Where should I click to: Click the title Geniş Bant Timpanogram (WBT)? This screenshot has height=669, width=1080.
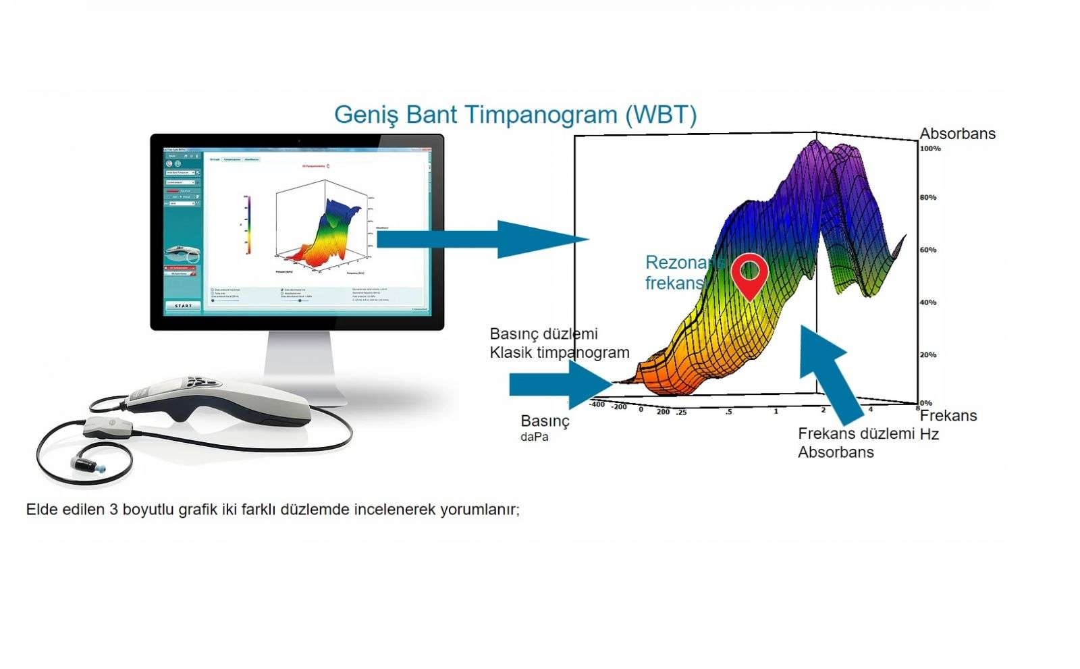tap(515, 114)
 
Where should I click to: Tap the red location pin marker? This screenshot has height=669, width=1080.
tap(750, 274)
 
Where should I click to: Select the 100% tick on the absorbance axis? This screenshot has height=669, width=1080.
tap(930, 149)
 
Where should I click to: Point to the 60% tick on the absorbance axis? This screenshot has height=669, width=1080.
tap(928, 250)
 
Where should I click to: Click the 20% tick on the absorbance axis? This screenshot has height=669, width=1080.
tap(928, 355)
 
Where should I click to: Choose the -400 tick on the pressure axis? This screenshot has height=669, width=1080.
tap(597, 404)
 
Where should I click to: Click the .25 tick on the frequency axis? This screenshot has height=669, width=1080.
tap(681, 412)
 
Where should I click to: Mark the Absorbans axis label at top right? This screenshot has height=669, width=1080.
tap(957, 134)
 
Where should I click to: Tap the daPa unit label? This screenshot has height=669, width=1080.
tap(534, 437)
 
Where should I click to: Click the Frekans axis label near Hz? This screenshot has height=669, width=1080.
tap(948, 416)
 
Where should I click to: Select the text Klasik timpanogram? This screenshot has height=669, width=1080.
tap(559, 352)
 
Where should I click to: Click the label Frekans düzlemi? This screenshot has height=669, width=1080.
tap(856, 434)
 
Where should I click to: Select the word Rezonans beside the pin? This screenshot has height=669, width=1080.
tap(684, 263)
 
